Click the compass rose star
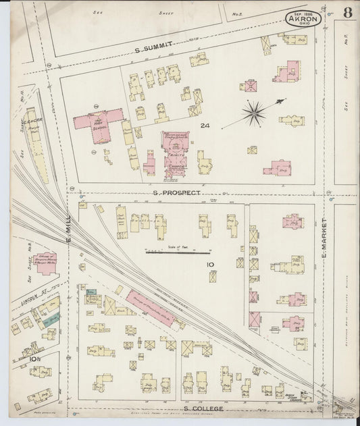[x=255, y=113]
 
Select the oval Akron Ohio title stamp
[x=304, y=18]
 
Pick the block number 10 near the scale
[x=211, y=264]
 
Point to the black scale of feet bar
[x=178, y=253]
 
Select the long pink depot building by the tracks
[x=150, y=308]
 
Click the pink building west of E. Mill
[x=46, y=263]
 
